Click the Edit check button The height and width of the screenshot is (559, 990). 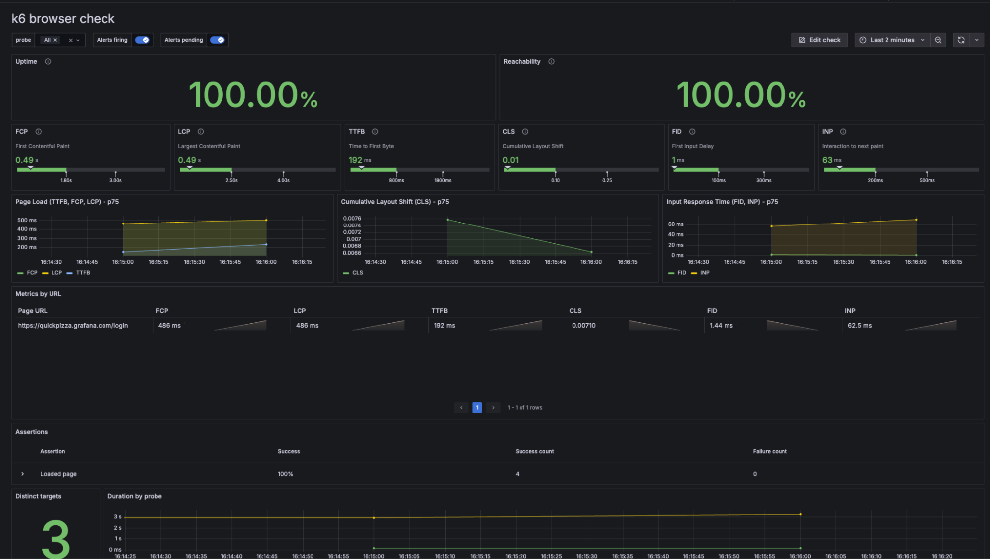click(x=819, y=40)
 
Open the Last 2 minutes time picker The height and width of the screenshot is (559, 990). click(x=892, y=40)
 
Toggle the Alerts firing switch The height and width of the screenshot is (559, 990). click(x=142, y=40)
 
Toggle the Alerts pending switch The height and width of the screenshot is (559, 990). click(x=217, y=40)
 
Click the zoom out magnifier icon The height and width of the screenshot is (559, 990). click(x=938, y=40)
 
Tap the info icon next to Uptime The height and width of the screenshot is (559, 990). click(x=48, y=62)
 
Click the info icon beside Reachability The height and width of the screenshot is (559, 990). click(x=551, y=62)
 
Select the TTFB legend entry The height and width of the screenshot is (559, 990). click(x=83, y=273)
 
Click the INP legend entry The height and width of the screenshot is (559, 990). click(x=704, y=273)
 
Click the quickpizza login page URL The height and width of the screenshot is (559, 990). click(x=73, y=326)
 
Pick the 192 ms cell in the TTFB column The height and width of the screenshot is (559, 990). click(x=444, y=326)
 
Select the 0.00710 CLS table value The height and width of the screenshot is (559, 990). click(x=583, y=326)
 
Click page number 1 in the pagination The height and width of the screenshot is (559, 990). click(x=477, y=408)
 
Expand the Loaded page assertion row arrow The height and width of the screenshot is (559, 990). click(x=23, y=474)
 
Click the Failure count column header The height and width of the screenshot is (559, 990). click(x=770, y=452)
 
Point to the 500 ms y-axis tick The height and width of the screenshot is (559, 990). click(x=27, y=220)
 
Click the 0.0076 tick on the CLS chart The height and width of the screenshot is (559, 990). click(x=352, y=219)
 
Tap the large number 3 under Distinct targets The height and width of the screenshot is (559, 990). click(x=55, y=538)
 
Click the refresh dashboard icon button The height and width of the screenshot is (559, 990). click(x=961, y=40)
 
